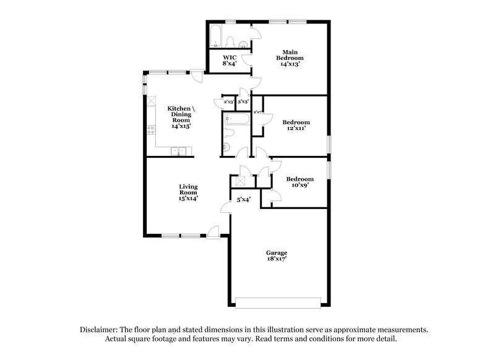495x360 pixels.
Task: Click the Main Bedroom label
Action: [x=291, y=58]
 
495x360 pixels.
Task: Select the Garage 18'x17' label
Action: [x=277, y=256]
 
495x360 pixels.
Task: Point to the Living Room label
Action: [x=188, y=192]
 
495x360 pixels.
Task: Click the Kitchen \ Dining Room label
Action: [x=181, y=116]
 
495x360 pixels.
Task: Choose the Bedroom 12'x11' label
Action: [x=295, y=126]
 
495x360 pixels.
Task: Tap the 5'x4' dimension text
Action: [x=243, y=200]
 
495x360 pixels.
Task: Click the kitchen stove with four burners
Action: [x=150, y=131]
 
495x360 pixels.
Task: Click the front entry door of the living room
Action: [x=213, y=232]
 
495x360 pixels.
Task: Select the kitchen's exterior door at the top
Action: [x=197, y=76]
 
